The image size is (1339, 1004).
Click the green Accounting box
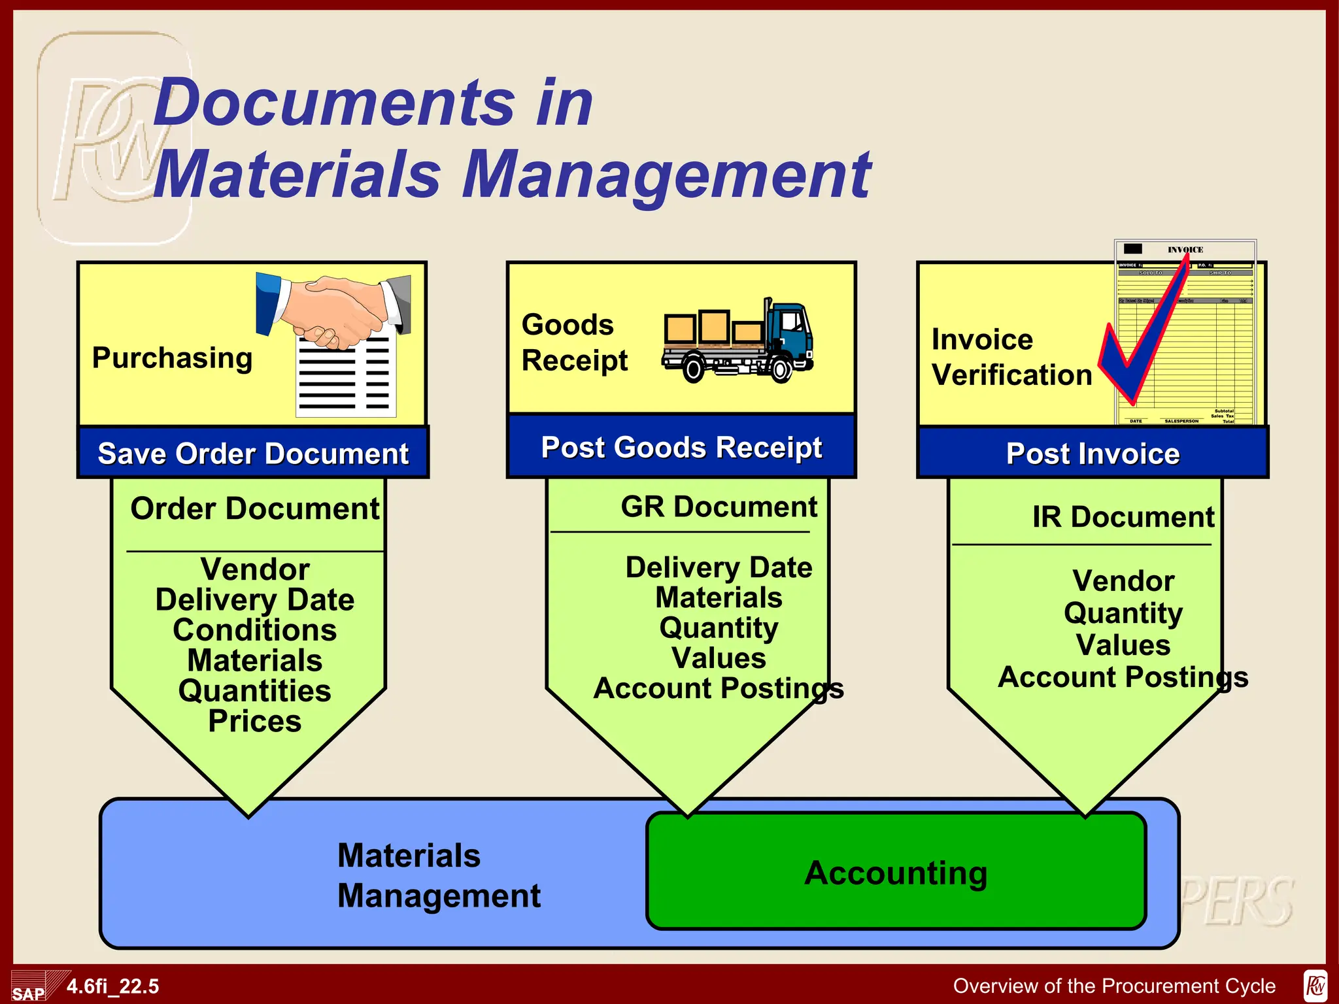(x=896, y=871)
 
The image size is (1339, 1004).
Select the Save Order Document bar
(x=253, y=453)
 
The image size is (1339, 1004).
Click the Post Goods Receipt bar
(x=681, y=448)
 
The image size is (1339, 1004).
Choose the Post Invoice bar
(x=1093, y=453)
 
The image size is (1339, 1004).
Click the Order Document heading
(x=255, y=509)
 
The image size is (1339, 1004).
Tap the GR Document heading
(x=719, y=507)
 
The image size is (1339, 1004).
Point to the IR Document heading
(x=1123, y=517)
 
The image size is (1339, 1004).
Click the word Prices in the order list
(x=255, y=721)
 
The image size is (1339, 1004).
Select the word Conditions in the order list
(x=255, y=630)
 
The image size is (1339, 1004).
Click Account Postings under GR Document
(x=719, y=688)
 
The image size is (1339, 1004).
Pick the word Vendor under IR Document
(x=1123, y=580)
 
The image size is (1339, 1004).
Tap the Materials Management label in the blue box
(x=438, y=875)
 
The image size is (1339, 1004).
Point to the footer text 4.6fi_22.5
(x=112, y=986)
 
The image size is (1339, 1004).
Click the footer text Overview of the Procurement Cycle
(x=1114, y=986)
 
